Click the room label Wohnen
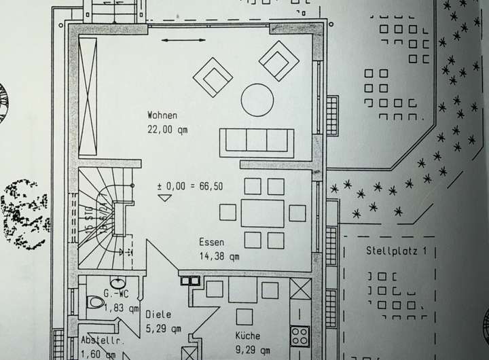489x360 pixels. tap(162, 115)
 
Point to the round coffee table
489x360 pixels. tap(257, 99)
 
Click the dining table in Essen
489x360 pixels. tap(262, 213)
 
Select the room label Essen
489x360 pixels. tap(211, 242)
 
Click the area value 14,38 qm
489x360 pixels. tap(219, 256)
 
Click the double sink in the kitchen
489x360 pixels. tap(189, 279)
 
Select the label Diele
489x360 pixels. tap(158, 315)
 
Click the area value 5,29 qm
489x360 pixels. tap(163, 329)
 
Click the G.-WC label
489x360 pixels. tap(115, 294)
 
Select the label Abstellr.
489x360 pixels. tap(102, 340)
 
